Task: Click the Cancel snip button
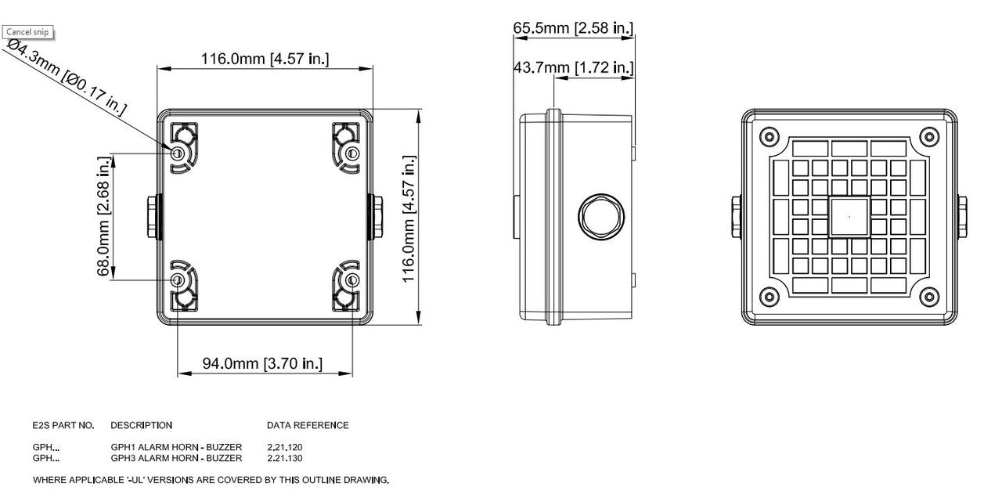click(x=27, y=32)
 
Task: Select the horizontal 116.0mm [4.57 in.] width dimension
click(x=265, y=59)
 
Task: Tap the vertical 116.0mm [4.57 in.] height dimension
click(x=409, y=220)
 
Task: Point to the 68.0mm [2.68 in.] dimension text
click(x=103, y=216)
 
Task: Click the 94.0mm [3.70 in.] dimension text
click(x=262, y=363)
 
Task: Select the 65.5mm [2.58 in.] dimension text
click(x=573, y=28)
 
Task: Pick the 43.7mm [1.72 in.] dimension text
click(x=573, y=68)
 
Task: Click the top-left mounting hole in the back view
click(x=178, y=152)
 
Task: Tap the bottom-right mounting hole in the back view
click(x=352, y=279)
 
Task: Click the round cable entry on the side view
click(x=600, y=217)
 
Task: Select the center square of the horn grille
click(x=849, y=217)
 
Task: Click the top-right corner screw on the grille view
click(x=929, y=137)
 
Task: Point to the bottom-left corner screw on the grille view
click(x=770, y=297)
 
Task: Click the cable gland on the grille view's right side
click(x=961, y=217)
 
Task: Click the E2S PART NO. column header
click(x=63, y=426)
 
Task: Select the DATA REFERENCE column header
click(x=308, y=426)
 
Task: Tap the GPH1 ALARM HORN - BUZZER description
click(x=176, y=448)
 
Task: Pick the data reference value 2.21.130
click(x=285, y=458)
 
